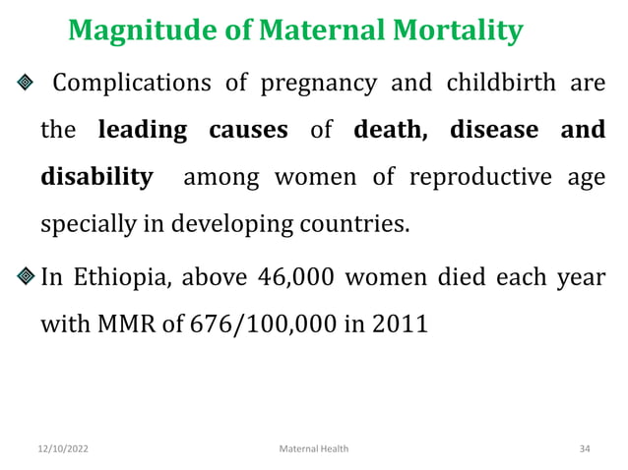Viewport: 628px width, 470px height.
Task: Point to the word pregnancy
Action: [x=318, y=83]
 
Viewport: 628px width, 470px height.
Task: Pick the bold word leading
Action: [x=143, y=131]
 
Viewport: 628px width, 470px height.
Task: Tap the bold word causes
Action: [x=249, y=131]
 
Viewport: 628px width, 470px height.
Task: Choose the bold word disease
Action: [x=494, y=131]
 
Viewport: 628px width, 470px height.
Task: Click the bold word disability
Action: [x=96, y=179]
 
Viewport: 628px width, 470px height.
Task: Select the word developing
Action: [x=220, y=225]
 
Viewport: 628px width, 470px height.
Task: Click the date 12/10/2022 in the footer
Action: [x=63, y=448]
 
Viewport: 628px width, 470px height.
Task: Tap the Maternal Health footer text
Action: [x=314, y=448]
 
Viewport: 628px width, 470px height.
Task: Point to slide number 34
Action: [x=585, y=448]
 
